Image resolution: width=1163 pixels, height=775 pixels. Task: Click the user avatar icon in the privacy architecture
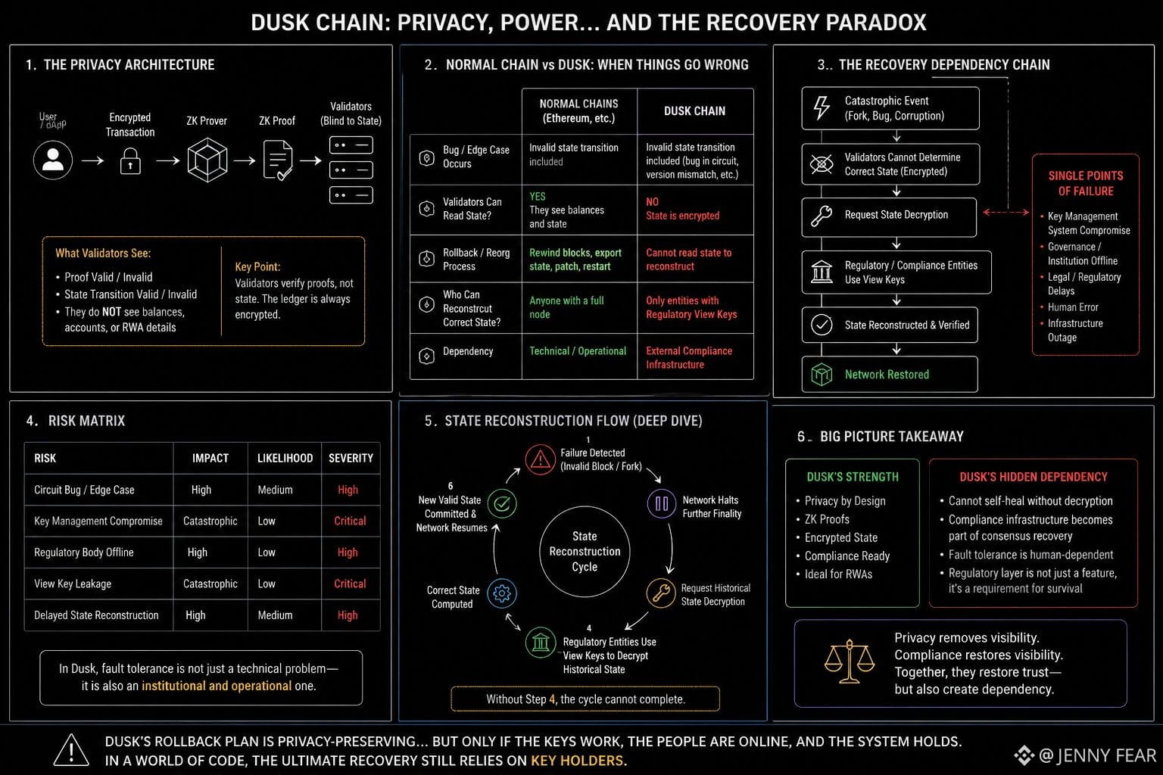click(53, 160)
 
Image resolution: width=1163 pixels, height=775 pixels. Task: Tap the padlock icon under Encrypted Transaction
click(130, 161)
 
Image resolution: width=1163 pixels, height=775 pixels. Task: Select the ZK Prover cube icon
click(207, 160)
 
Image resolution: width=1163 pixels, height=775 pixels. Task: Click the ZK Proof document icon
click(278, 160)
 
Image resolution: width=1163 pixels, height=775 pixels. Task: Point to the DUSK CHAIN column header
click(694, 111)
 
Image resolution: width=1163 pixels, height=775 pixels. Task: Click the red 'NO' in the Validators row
click(652, 202)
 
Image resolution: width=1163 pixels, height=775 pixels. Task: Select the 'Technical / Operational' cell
click(578, 351)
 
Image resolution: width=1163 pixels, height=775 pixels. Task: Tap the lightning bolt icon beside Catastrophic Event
click(822, 108)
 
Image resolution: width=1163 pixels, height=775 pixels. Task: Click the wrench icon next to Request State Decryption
click(822, 216)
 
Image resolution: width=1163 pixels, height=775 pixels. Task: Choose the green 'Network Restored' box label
click(887, 375)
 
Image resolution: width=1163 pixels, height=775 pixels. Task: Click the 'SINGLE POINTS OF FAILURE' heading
click(1086, 183)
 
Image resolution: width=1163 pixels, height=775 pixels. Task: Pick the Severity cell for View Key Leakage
click(350, 584)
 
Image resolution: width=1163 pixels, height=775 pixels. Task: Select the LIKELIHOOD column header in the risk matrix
click(285, 458)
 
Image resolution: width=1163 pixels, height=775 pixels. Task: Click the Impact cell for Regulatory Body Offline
click(198, 552)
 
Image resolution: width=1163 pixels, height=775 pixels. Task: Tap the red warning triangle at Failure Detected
click(540, 459)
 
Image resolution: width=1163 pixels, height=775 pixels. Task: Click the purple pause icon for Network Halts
click(662, 503)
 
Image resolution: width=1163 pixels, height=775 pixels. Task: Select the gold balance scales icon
click(850, 661)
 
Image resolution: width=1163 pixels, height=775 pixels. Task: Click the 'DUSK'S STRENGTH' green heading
click(853, 477)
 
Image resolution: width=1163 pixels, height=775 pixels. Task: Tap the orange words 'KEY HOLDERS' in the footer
click(576, 761)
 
